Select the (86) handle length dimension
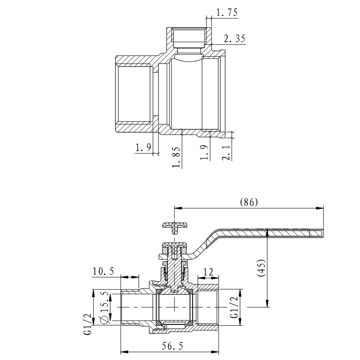pos(249,202)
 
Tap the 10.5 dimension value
pos(103,271)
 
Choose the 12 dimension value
pos(208,271)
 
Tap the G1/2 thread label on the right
pos(234,307)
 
